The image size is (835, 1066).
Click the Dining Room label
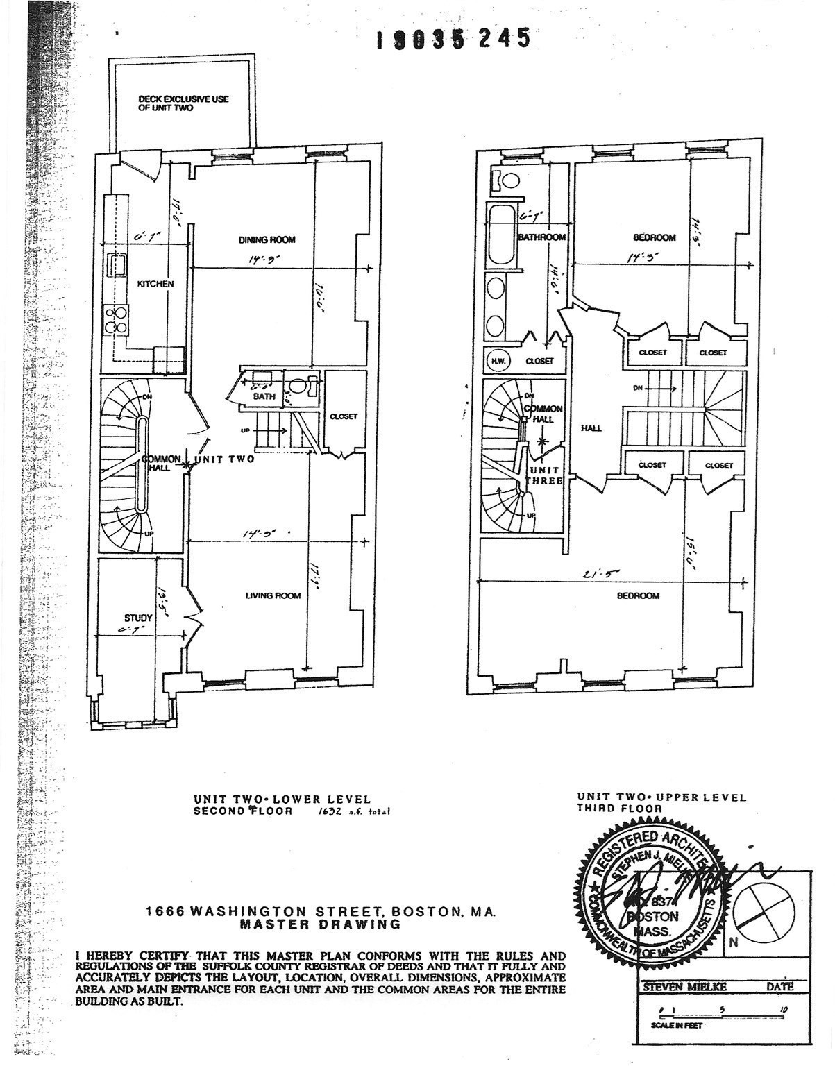tap(267, 240)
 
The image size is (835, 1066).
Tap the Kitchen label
tap(155, 284)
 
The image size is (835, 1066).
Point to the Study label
tap(138, 618)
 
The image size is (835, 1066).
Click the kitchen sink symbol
tap(116, 265)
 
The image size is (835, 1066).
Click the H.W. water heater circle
tap(498, 361)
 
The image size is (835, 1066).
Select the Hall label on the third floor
tap(591, 428)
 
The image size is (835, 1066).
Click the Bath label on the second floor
tap(269, 396)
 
